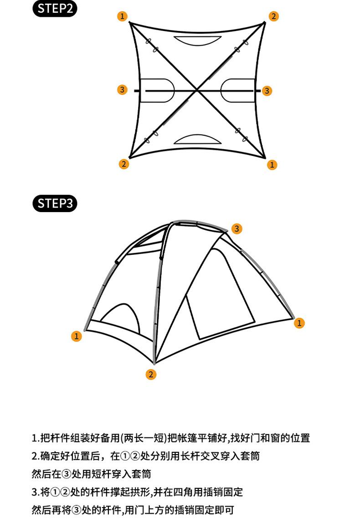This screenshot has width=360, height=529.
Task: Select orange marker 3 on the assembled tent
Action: click(237, 228)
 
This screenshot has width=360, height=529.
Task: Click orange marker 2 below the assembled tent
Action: click(151, 374)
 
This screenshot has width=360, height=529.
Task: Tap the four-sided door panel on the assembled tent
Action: click(220, 296)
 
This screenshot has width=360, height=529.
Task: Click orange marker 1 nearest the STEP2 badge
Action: click(122, 16)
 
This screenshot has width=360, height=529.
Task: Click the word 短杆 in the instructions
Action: click(105, 474)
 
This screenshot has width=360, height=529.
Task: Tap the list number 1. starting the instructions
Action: click(35, 439)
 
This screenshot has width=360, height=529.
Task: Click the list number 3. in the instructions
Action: click(35, 492)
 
